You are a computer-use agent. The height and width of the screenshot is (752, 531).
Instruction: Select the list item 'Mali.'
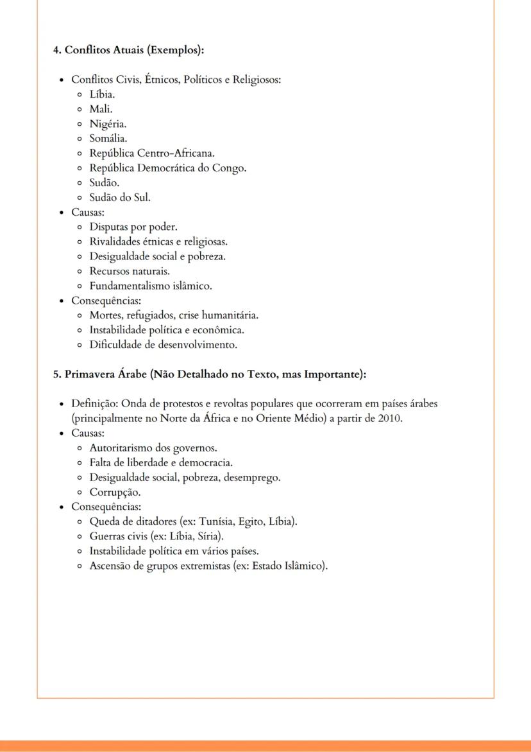click(x=101, y=109)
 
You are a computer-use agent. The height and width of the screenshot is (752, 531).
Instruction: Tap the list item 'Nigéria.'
click(x=108, y=124)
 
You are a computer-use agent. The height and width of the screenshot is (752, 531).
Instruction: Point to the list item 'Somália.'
click(x=108, y=138)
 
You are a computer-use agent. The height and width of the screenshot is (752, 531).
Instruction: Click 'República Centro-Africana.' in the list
click(x=152, y=153)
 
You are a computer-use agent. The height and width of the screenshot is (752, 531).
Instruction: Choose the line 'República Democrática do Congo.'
click(x=168, y=168)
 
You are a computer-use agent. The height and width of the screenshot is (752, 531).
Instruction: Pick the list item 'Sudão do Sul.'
click(x=120, y=197)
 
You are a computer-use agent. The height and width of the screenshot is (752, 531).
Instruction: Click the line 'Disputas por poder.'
click(x=133, y=227)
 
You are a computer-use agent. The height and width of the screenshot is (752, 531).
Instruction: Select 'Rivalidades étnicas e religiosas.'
click(x=158, y=241)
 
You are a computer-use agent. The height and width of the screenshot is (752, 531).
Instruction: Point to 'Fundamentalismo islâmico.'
click(x=151, y=286)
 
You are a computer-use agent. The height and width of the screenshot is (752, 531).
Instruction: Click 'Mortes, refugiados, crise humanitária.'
click(x=174, y=315)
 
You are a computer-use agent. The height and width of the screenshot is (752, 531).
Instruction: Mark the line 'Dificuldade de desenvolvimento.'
click(x=164, y=345)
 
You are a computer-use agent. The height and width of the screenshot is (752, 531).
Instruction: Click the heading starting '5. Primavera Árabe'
click(x=209, y=374)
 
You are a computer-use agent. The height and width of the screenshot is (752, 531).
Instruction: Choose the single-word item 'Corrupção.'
click(x=115, y=493)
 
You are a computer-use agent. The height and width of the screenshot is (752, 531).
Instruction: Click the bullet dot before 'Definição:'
click(x=61, y=405)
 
